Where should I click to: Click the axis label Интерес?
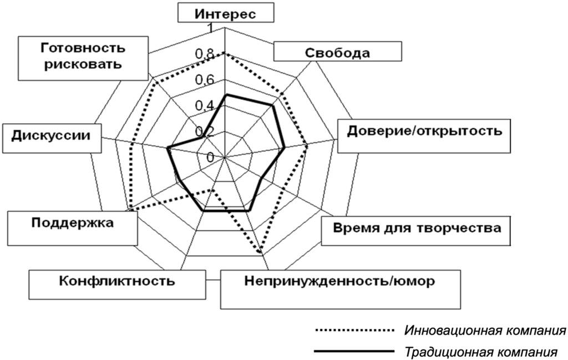point(225,14)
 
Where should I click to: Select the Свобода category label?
point(338,53)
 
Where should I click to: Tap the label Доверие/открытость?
point(424,131)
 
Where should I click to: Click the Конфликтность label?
point(117,280)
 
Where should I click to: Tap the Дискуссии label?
point(48,135)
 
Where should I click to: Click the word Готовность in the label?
point(84,48)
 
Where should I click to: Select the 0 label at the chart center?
point(211,158)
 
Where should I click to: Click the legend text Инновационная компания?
point(485,331)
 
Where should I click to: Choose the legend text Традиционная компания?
point(481,351)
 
